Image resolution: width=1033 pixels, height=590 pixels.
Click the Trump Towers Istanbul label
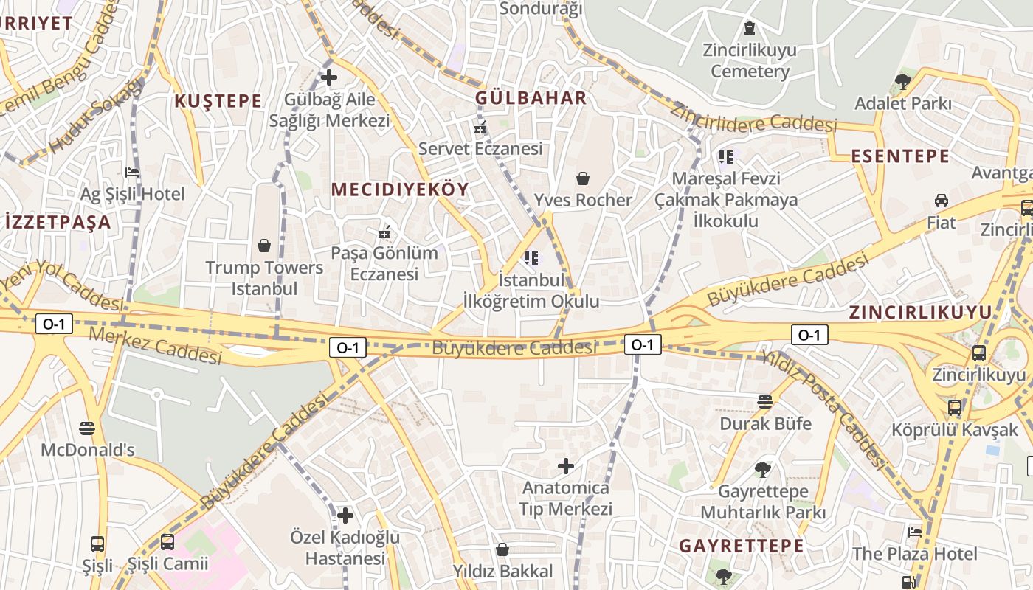click(264, 278)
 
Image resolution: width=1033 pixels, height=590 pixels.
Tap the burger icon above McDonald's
click(87, 428)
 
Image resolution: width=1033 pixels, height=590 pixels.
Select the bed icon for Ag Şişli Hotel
click(132, 173)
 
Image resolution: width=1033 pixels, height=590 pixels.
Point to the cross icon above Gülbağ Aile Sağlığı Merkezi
click(329, 77)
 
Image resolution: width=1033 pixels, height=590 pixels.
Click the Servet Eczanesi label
click(480, 148)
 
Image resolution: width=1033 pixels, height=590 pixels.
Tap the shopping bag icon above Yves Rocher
click(583, 178)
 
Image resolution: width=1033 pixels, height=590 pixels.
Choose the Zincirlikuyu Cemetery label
click(750, 61)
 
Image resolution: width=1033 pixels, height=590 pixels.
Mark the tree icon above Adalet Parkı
click(902, 81)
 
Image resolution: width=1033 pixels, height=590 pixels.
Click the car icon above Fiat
click(942, 201)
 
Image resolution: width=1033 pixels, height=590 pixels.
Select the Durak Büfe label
click(765, 424)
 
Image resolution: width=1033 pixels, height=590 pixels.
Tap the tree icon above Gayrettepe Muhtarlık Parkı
click(763, 469)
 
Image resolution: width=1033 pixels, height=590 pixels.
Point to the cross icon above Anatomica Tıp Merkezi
click(566, 466)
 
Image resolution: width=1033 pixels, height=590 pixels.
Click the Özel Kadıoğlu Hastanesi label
click(345, 547)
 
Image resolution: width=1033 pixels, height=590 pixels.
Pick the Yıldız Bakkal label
click(502, 572)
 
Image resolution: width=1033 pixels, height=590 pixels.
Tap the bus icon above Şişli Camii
click(167, 542)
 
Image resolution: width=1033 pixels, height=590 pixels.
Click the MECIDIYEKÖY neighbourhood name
click(400, 190)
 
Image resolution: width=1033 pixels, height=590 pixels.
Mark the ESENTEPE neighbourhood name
click(900, 156)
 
